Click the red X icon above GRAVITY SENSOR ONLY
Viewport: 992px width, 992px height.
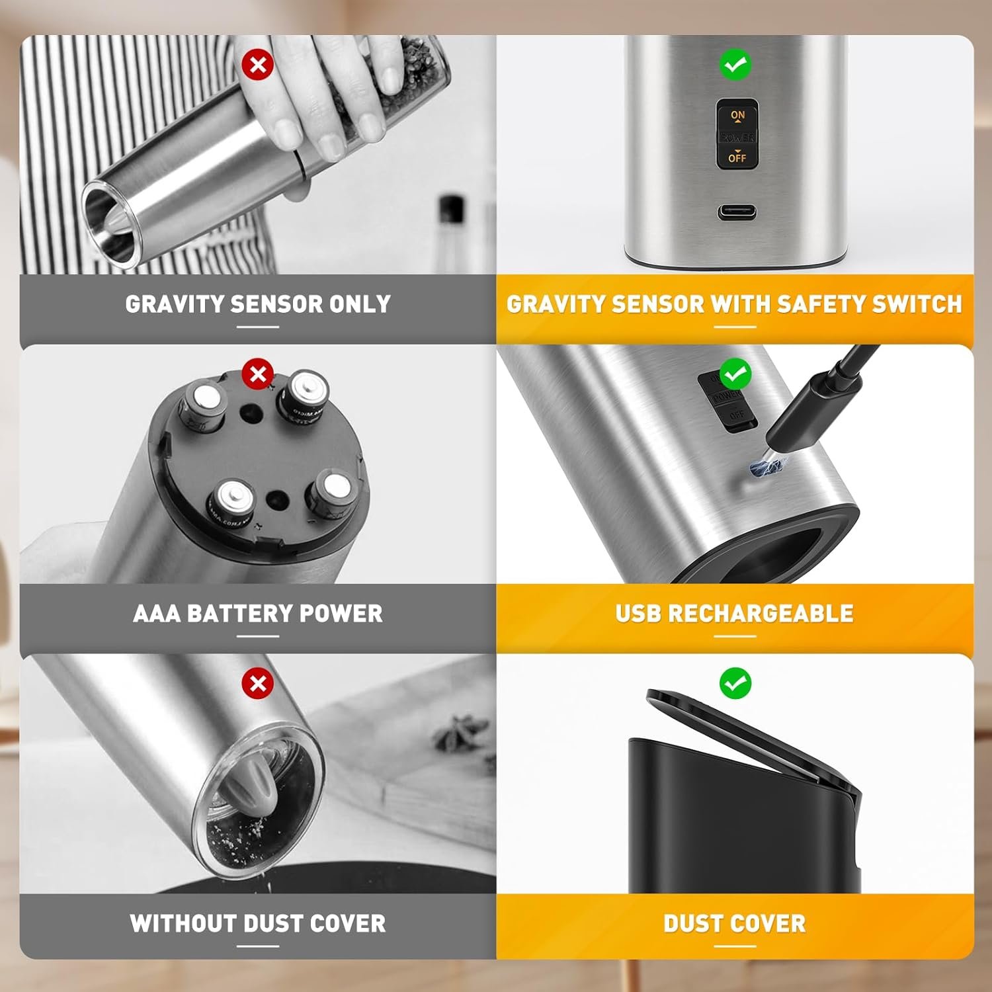[x=258, y=65]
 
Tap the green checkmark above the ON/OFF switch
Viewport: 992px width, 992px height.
[x=735, y=65]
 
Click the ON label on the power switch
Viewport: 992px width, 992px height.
[x=737, y=116]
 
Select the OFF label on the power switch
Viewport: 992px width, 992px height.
[x=737, y=158]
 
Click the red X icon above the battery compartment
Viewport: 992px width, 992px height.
[x=258, y=374]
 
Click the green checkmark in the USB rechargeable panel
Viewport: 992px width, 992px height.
[x=735, y=374]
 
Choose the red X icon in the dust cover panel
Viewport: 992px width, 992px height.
[x=258, y=683]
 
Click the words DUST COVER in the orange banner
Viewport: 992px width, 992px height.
[x=735, y=923]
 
